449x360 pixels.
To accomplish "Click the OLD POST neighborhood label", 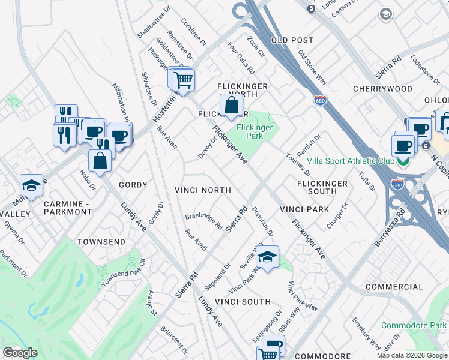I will coord(292,40).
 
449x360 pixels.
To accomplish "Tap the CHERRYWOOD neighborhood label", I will coord(382,89).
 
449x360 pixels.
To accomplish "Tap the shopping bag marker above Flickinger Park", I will coord(231,106).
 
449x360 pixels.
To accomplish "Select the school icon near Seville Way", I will coord(267,257).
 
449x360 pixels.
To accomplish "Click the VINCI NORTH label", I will coord(202,190).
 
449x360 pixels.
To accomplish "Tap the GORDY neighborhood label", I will coord(133,185).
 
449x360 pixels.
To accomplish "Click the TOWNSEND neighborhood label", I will coord(101,242).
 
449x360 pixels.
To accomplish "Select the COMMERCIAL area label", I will coord(394,287).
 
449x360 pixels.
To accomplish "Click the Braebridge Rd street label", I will coord(203,221).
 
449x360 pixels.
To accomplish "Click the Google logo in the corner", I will coord(20,353).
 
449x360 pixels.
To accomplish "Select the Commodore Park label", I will coord(413,326).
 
